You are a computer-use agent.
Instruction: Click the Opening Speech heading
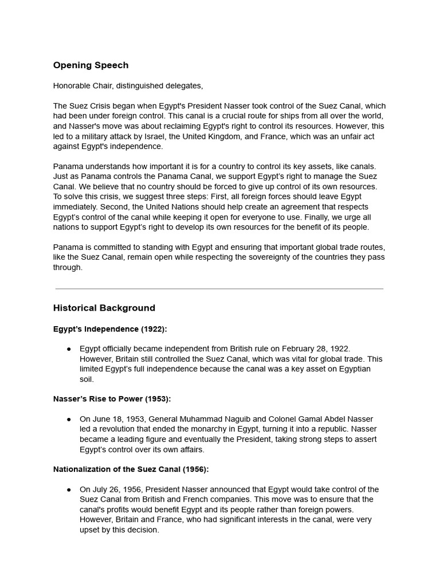[x=91, y=65]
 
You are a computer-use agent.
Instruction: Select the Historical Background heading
[x=104, y=308]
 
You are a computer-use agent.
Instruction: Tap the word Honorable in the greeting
[x=72, y=86]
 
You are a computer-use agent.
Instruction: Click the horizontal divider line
[x=219, y=288]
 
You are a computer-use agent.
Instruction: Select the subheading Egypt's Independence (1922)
[x=110, y=329]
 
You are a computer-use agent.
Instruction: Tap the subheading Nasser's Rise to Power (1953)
[x=112, y=399]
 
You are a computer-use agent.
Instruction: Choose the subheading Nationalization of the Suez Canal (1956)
[x=131, y=469]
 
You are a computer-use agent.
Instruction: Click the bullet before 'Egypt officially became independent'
[x=69, y=349]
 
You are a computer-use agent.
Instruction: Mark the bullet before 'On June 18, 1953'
[x=69, y=419]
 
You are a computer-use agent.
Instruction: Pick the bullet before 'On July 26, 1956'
[x=69, y=490]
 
